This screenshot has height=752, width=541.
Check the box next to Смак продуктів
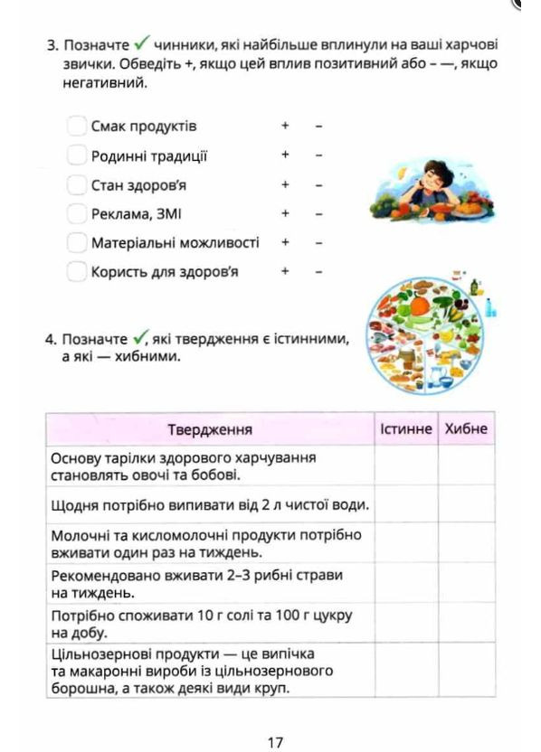tap(77, 126)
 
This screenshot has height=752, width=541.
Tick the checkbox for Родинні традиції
tap(77, 155)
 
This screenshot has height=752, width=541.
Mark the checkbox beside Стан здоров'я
tap(77, 184)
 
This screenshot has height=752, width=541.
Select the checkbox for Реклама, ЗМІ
tap(77, 213)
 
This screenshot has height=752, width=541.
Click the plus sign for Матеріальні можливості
tap(284, 242)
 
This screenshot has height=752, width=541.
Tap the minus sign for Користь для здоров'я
tap(318, 271)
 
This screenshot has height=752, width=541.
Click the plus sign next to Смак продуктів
tap(284, 126)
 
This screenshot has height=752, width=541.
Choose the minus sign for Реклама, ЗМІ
tap(318, 213)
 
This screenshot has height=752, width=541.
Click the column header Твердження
tap(210, 429)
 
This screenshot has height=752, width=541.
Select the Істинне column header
tap(405, 429)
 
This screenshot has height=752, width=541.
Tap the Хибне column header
tap(466, 429)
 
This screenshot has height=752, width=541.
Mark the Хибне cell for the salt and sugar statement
tap(466, 623)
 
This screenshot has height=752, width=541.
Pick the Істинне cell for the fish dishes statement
tap(405, 583)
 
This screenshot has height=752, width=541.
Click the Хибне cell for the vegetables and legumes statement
tap(466, 465)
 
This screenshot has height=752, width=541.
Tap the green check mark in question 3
tap(141, 42)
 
